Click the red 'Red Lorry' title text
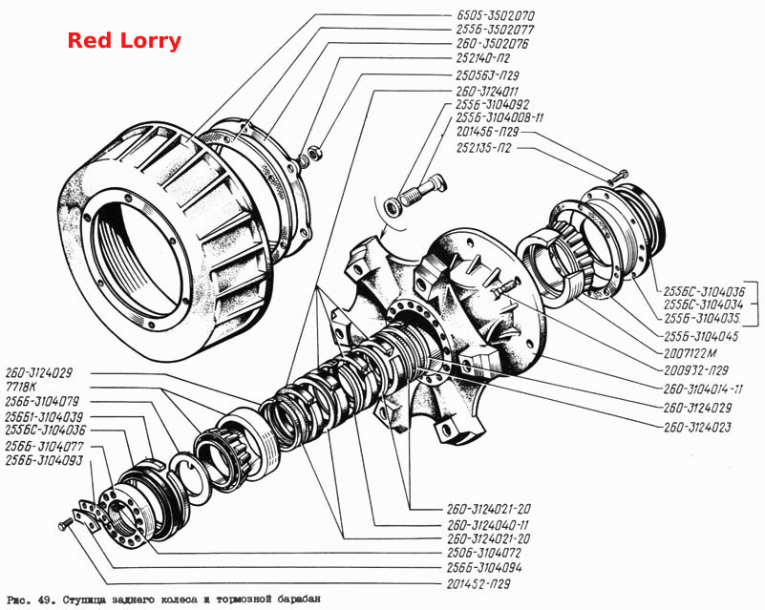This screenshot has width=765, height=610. tap(124, 40)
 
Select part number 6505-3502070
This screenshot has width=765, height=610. tap(496, 15)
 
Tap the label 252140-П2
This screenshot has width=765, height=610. tap(483, 58)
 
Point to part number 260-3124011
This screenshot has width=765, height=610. tap(487, 92)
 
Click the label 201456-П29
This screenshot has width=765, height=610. tap(487, 132)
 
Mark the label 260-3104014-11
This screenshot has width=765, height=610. tap(703, 389)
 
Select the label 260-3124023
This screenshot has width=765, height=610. tap(697, 427)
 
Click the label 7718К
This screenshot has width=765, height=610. tap(22, 388)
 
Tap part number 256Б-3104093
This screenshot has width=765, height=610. tap(44, 460)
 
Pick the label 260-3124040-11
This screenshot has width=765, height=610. tap(487, 525)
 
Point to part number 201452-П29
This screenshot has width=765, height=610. tap(478, 583)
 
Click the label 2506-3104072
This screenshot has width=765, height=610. tap(483, 553)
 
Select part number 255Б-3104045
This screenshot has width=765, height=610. tap(701, 336)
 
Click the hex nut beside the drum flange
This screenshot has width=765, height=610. tap(315, 151)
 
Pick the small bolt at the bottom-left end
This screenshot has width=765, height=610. tap(65, 524)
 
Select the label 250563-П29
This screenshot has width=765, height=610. tap(487, 75)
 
